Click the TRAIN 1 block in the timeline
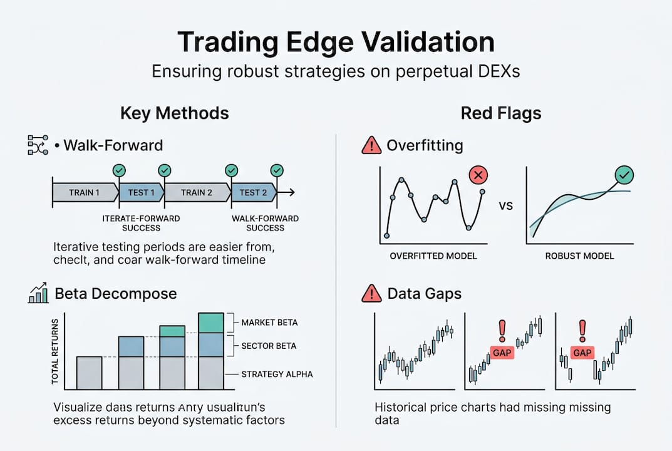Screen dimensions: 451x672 pos(84,192)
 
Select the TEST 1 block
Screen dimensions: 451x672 pos(142,192)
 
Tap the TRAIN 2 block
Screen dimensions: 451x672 pos(197,192)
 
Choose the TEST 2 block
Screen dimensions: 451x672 pos(254,192)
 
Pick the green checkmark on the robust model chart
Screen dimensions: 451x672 pos(623,175)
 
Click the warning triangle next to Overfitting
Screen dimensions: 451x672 pos(371,146)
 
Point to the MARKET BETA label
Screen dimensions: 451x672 pos(269,323)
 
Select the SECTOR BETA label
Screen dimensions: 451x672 pos(269,346)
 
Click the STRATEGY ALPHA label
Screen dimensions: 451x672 pos(277,375)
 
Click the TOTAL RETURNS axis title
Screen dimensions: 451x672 pos(56,351)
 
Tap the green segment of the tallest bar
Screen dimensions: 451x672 pos(210,323)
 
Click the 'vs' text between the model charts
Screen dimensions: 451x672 pos(506,205)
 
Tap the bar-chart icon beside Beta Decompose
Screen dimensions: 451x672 pos(38,293)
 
